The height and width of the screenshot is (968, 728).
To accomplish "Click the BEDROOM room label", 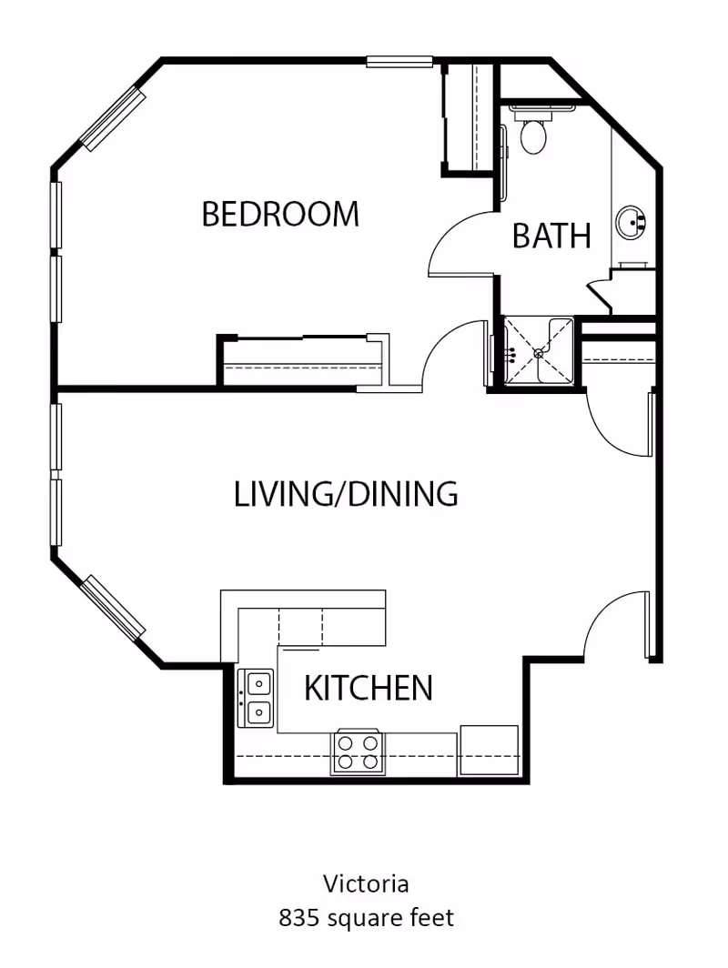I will click(x=280, y=215).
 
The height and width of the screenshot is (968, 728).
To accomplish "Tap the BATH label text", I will click(x=551, y=236).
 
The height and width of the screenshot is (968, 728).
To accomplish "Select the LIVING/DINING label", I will click(x=346, y=494).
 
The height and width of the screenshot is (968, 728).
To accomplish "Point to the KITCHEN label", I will click(x=368, y=688).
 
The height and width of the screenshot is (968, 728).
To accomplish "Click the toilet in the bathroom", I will click(x=532, y=134).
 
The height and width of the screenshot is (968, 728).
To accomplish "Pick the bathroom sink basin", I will click(x=631, y=221).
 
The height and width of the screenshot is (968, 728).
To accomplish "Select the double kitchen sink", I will click(x=256, y=698).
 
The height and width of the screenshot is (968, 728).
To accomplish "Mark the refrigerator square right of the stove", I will click(x=489, y=749).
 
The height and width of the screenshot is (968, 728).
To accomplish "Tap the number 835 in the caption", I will click(x=298, y=918).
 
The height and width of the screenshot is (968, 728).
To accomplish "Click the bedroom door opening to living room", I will click(x=452, y=355).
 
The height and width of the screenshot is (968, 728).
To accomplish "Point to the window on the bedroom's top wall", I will click(x=399, y=62).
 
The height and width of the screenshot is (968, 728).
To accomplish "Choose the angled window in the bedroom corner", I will click(x=113, y=118).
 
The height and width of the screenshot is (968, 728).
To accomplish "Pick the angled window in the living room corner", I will click(x=114, y=607).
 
